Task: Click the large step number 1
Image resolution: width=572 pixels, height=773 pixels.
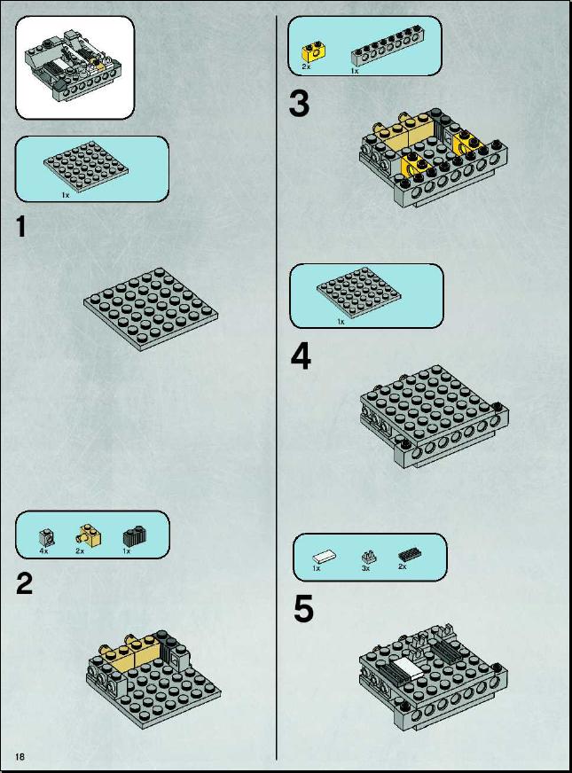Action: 20,227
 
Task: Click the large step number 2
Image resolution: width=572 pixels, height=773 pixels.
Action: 25,583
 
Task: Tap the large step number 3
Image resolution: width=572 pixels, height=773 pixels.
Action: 300,104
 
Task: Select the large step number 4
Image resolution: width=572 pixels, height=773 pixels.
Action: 301,356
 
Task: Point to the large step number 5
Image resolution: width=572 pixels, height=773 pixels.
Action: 303,609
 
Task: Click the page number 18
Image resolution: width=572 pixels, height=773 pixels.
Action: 20,756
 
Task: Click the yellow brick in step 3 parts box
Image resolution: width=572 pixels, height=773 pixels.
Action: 313,52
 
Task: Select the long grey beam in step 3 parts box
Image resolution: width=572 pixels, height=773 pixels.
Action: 386,50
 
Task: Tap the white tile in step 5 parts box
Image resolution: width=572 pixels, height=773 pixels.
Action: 325,557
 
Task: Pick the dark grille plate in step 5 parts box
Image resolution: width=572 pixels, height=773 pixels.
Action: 410,554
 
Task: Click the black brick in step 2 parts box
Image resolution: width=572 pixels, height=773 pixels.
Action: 135,536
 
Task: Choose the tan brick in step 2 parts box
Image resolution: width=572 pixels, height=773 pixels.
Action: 89,535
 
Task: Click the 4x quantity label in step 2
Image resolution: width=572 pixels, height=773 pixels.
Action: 43,551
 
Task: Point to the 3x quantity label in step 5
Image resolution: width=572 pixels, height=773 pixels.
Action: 365,568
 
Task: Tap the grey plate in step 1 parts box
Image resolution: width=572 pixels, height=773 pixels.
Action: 86,167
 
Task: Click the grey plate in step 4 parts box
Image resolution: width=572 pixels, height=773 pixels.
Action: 358,293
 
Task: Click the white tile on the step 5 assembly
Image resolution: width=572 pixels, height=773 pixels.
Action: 408,668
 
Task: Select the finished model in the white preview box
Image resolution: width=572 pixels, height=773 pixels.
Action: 73,64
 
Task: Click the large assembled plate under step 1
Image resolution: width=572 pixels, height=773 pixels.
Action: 151,309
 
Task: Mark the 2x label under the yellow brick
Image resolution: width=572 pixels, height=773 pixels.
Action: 306,66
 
